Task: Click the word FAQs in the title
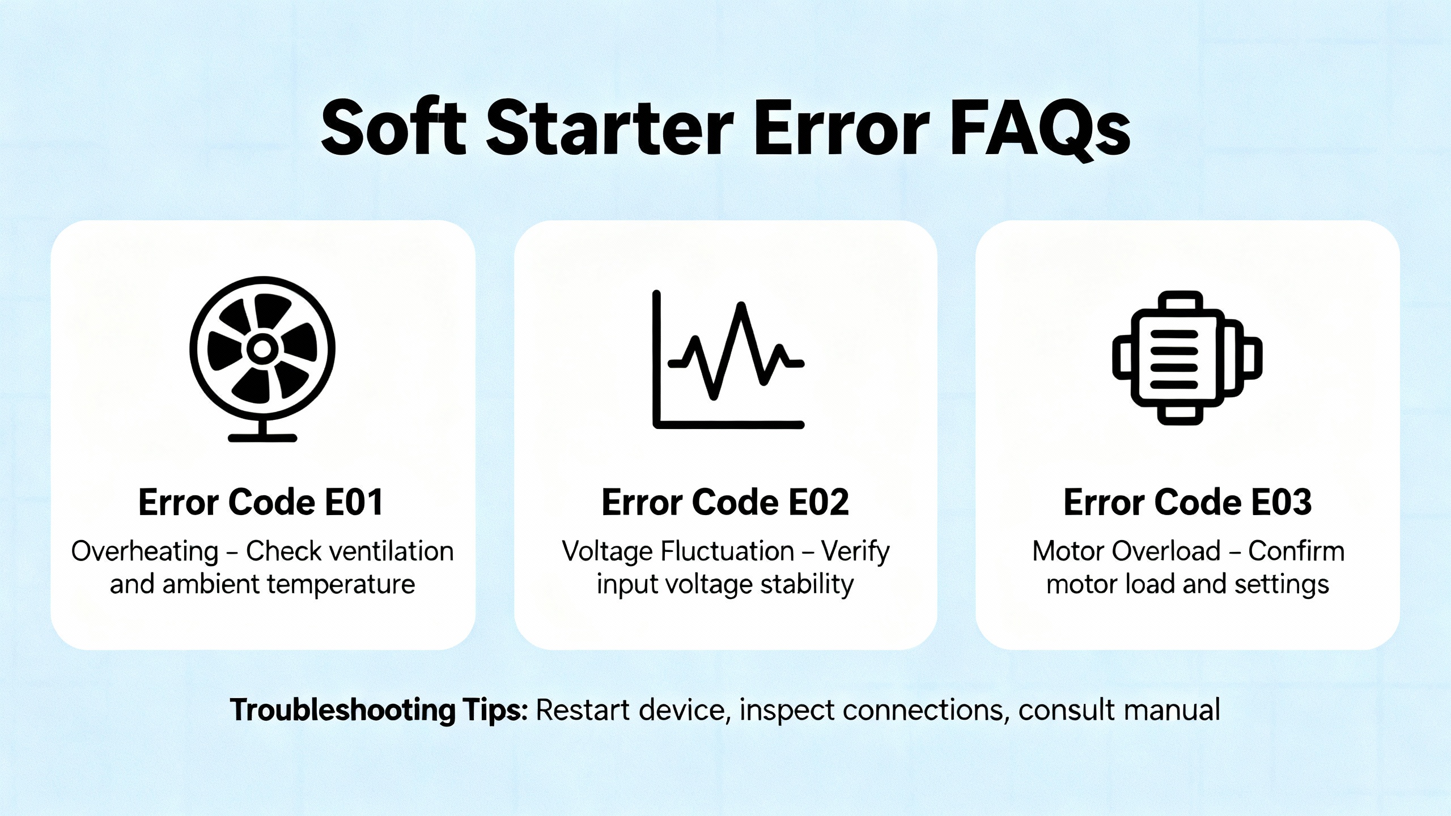point(1040,130)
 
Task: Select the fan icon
point(262,359)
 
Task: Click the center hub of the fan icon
point(262,349)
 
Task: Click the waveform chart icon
point(728,359)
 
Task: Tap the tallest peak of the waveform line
point(741,306)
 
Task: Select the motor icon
point(1187,358)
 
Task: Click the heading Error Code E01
point(261,502)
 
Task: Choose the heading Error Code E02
point(725,502)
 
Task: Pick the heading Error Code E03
point(1187,502)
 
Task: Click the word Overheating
point(145,551)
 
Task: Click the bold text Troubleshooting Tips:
point(379,711)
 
